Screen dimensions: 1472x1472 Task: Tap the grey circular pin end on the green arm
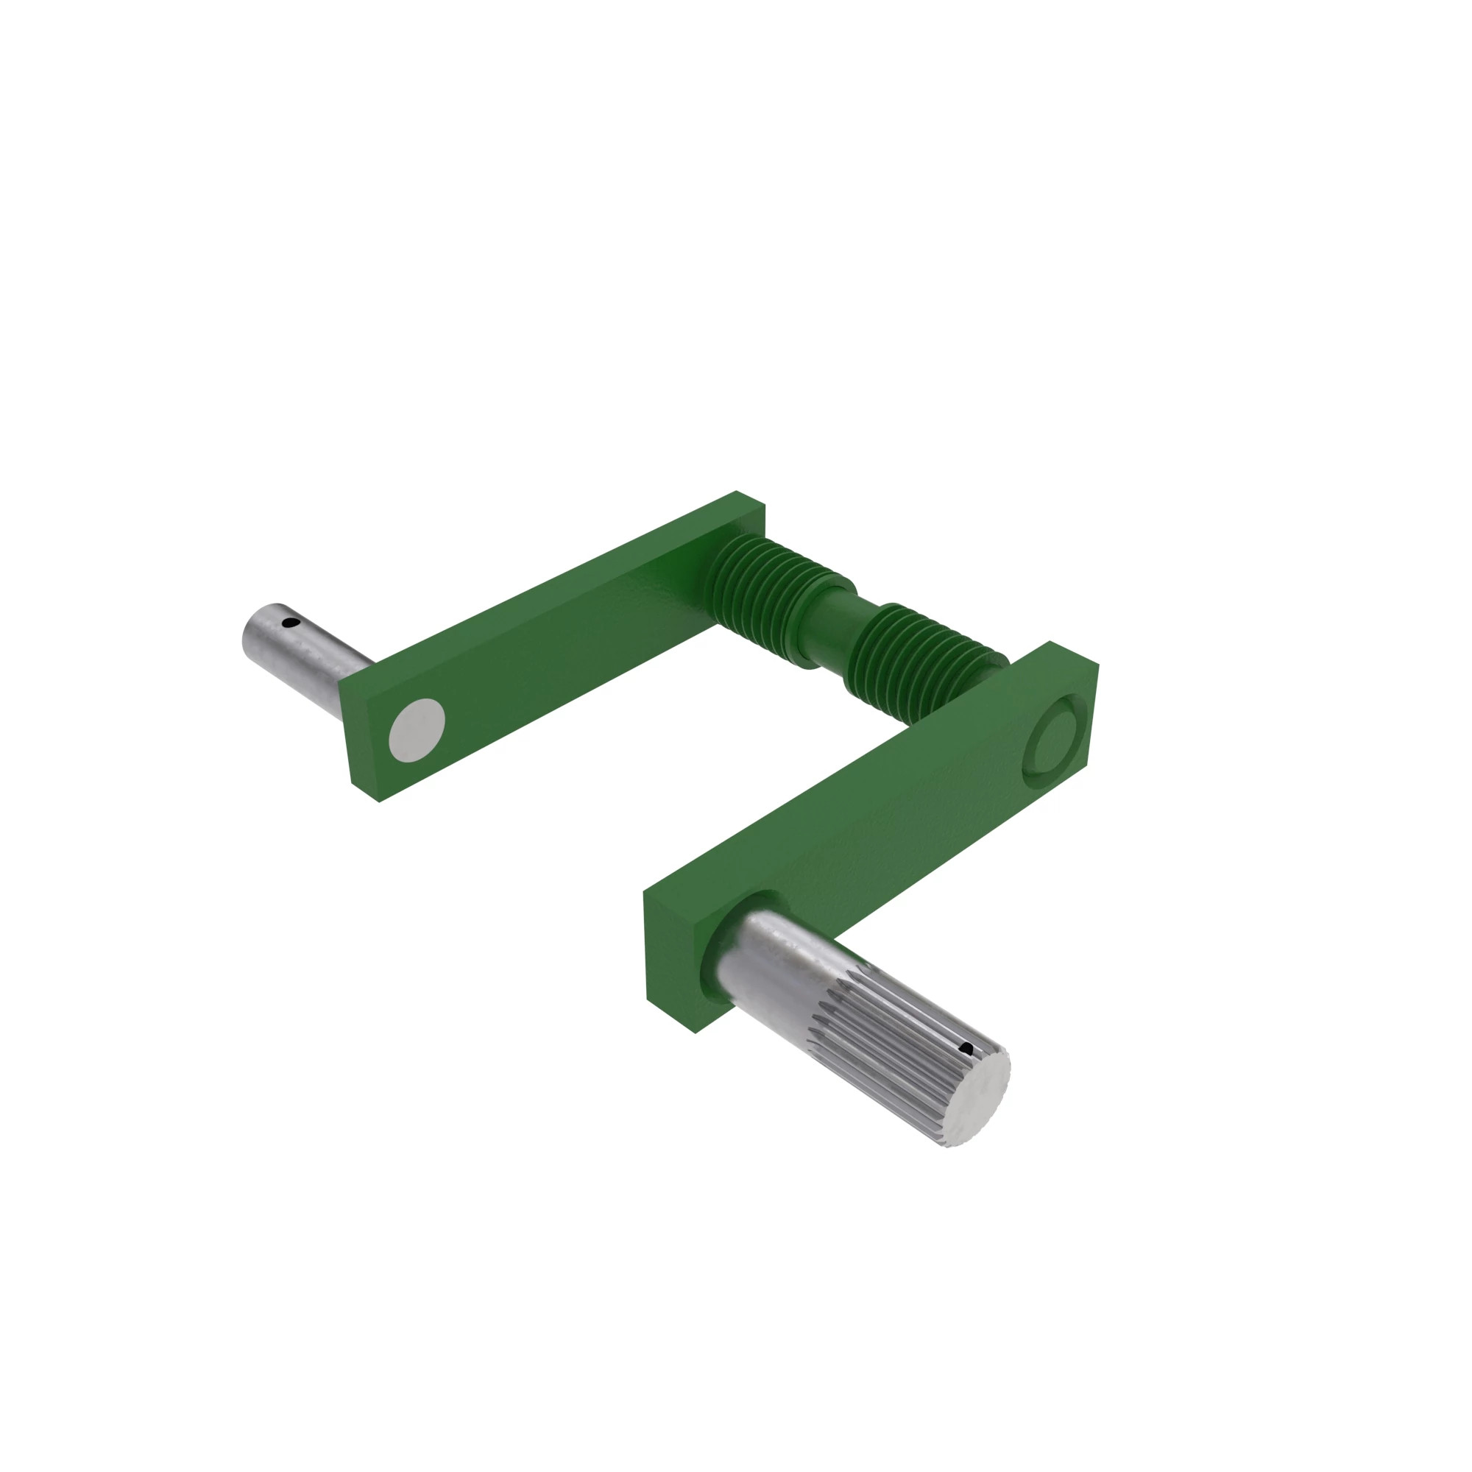click(x=417, y=730)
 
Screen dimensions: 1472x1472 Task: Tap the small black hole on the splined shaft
click(x=968, y=1050)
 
